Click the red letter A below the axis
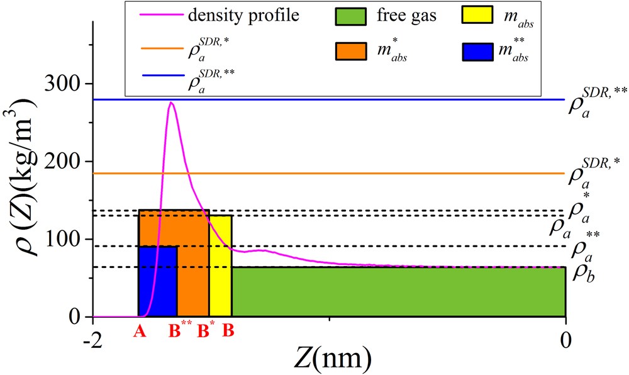coord(140,332)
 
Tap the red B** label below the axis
coord(180,331)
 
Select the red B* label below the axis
coord(205,331)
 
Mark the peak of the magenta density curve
coord(171,102)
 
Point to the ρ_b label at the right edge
coord(580,272)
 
